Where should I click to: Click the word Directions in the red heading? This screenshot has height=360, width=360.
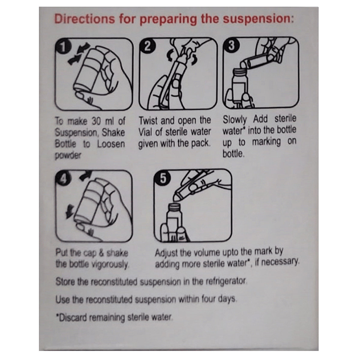(x=85, y=19)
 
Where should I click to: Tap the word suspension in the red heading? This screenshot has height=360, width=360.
(x=258, y=19)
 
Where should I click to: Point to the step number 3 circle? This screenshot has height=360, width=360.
(x=232, y=46)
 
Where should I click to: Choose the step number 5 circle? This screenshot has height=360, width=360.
(x=163, y=179)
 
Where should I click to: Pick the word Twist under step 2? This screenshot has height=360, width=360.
(x=148, y=121)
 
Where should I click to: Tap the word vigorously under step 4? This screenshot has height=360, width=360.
(x=110, y=265)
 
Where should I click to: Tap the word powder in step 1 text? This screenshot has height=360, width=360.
(x=68, y=156)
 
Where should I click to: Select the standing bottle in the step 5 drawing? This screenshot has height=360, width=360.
(x=173, y=222)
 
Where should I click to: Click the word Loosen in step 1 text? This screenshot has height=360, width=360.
(x=111, y=144)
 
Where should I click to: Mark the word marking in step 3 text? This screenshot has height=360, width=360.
(x=266, y=142)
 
